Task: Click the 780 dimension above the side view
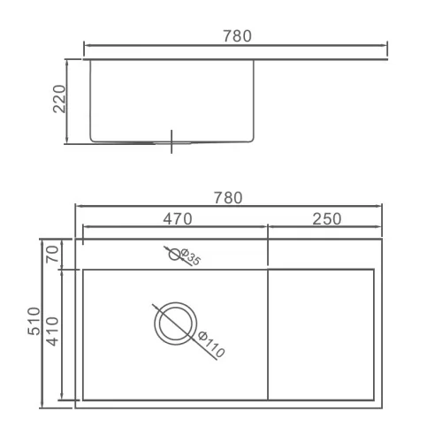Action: click(x=237, y=36)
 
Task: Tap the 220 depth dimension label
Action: click(x=59, y=99)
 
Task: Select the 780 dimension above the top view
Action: click(x=228, y=198)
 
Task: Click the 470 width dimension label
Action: click(x=178, y=218)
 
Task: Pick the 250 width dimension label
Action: click(x=327, y=219)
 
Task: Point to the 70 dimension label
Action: click(x=52, y=254)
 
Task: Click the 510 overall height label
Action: click(x=34, y=321)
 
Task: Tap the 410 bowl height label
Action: click(x=53, y=331)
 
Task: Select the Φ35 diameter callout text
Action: click(x=191, y=256)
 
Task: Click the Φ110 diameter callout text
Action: click(x=211, y=345)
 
